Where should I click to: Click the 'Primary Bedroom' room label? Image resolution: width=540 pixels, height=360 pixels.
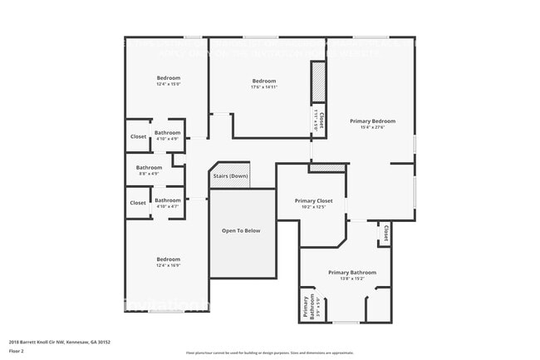[372, 121]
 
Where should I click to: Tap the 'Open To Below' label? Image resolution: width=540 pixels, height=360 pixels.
[241, 230]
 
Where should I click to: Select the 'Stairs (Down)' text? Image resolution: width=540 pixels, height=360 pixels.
[231, 176]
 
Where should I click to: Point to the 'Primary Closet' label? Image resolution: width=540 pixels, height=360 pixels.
[314, 200]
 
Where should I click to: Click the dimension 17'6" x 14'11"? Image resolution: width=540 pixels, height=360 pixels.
[264, 87]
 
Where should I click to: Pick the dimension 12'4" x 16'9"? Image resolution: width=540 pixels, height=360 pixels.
[169, 265]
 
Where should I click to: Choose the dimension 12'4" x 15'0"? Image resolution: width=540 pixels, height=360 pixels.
[169, 84]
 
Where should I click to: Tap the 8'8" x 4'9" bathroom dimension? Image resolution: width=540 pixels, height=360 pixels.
[150, 174]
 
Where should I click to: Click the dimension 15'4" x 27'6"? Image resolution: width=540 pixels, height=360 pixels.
[372, 127]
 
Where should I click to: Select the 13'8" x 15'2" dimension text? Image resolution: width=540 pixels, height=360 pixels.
[352, 279]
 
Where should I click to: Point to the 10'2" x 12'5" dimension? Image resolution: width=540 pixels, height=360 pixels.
[314, 207]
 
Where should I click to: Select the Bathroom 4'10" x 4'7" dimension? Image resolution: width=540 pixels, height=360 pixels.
[167, 206]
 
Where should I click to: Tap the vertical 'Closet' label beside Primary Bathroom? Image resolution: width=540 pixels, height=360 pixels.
[386, 234]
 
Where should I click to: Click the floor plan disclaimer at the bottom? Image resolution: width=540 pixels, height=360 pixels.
[270, 353]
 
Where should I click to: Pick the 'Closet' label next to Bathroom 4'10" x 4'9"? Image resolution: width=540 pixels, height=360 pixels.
[138, 136]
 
